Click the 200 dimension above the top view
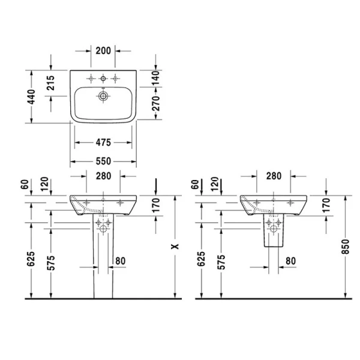click(103, 50)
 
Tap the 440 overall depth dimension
click(31, 96)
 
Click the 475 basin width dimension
click(103, 143)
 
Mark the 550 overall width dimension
click(103, 161)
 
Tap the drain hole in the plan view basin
click(103, 95)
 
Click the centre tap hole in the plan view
click(103, 79)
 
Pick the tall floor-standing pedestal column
click(103, 264)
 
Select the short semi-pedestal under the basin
click(274, 234)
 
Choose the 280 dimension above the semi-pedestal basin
click(274, 176)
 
